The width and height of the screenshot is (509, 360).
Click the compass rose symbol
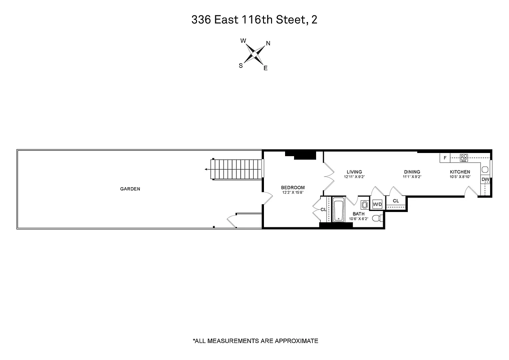254,54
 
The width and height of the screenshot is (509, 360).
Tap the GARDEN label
130,189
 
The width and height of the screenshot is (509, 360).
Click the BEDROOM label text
293,188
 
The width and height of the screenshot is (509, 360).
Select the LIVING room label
354,172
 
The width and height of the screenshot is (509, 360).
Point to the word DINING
412,172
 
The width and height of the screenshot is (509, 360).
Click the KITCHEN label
460,172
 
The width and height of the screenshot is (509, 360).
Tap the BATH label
358,214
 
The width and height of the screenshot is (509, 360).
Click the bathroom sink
364,204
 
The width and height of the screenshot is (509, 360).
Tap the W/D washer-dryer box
377,205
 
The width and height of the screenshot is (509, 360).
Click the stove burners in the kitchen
464,157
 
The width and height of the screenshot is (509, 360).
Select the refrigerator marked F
445,158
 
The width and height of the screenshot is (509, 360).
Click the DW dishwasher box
485,180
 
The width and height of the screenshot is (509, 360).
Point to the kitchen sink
485,169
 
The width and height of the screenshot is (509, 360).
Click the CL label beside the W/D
396,201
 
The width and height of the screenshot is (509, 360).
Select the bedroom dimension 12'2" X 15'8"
293,193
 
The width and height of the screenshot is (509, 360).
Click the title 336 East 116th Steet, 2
254,20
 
